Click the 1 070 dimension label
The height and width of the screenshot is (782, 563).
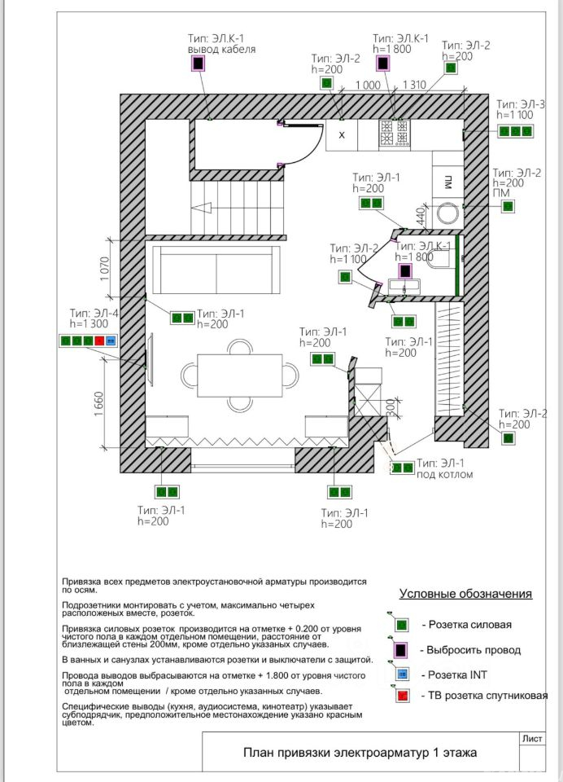coord(104,270)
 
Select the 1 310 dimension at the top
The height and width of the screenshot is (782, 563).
coord(414,85)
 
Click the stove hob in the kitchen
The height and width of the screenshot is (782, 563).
coord(395,134)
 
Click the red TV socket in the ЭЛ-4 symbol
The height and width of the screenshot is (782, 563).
coord(100,340)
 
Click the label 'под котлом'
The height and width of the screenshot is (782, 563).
coord(444,474)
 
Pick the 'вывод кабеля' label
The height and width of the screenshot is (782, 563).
coord(221,49)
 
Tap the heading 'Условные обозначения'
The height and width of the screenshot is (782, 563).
coord(465,593)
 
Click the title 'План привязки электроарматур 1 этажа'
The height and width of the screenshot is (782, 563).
coord(360,753)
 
